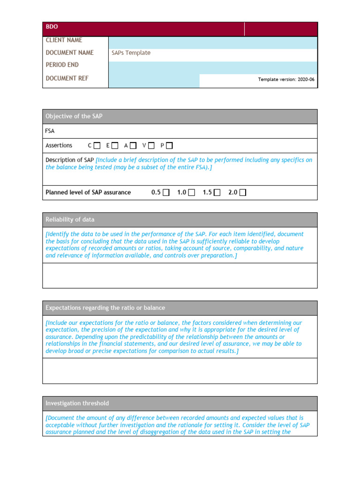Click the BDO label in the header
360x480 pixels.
pyautogui.click(x=52, y=27)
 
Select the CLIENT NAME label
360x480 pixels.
pyautogui.click(x=64, y=40)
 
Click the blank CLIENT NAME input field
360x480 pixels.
pyautogui.click(x=213, y=43)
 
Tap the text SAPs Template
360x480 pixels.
pyautogui.click(x=131, y=53)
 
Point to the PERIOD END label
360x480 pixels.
pyautogui.click(x=62, y=65)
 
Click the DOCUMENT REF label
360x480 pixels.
pyautogui.click(x=67, y=78)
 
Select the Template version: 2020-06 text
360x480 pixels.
pyautogui.click(x=286, y=80)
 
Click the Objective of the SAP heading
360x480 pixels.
pyautogui.click(x=74, y=116)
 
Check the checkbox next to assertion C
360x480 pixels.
pyautogui.click(x=97, y=146)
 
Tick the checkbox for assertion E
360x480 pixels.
pyautogui.click(x=115, y=146)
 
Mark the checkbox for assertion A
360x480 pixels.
pyautogui.click(x=134, y=146)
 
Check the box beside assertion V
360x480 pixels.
pyautogui.click(x=151, y=146)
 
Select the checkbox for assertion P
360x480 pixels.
pyautogui.click(x=169, y=146)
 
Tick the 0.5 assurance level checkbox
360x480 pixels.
pyautogui.click(x=166, y=193)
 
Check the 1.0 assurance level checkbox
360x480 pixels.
pyautogui.click(x=192, y=193)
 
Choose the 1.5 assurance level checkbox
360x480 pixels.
pyautogui.click(x=217, y=193)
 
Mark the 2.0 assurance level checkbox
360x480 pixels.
pyautogui.click(x=242, y=193)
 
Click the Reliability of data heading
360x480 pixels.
pyautogui.click(x=70, y=219)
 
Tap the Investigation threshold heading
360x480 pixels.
pyautogui.click(x=77, y=403)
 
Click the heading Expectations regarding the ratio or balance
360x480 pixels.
pyautogui.click(x=105, y=308)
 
